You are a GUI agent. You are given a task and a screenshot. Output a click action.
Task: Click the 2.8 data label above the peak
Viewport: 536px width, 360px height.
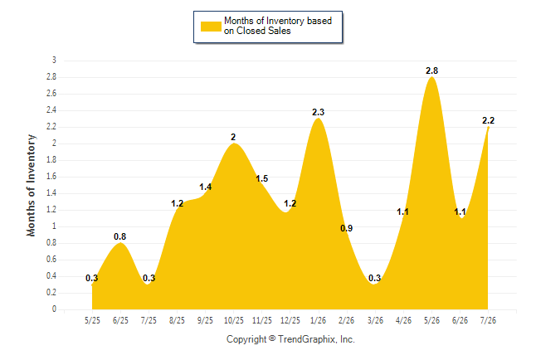click(x=431, y=71)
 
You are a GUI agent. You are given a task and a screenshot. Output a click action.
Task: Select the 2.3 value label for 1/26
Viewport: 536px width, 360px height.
click(x=319, y=112)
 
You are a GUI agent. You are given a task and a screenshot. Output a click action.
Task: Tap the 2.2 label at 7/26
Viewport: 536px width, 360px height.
click(x=488, y=120)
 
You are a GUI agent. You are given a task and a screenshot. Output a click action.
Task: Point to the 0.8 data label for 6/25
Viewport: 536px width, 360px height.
click(x=120, y=236)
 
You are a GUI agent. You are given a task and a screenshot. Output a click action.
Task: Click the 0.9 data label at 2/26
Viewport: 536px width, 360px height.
click(x=346, y=228)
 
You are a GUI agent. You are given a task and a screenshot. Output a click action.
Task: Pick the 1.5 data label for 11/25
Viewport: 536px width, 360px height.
click(x=262, y=178)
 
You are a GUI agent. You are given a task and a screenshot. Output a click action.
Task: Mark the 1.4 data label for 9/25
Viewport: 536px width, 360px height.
click(x=206, y=187)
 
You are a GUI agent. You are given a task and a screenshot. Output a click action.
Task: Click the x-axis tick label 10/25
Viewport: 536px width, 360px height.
click(x=234, y=320)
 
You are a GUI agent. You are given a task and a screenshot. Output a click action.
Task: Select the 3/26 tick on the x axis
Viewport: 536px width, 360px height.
click(x=375, y=320)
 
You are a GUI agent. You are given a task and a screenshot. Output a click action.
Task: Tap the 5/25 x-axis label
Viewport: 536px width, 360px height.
click(x=92, y=320)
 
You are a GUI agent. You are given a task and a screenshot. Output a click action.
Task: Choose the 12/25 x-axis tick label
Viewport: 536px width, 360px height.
click(x=290, y=320)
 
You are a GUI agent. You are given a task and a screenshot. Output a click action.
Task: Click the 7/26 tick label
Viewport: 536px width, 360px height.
click(x=488, y=320)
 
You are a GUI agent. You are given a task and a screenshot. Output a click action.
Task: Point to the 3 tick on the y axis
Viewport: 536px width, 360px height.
click(x=54, y=61)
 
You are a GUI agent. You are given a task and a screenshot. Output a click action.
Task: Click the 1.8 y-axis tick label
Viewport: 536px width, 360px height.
click(x=51, y=160)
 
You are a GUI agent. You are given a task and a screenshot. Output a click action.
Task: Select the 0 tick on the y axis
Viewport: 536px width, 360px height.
click(x=54, y=309)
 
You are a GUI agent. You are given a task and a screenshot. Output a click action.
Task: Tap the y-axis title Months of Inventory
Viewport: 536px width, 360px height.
click(x=31, y=185)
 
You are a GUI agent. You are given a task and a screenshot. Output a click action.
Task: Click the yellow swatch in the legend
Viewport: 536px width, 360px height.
click(x=211, y=27)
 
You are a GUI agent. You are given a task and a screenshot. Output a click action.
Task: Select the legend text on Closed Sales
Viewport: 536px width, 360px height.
click(x=257, y=31)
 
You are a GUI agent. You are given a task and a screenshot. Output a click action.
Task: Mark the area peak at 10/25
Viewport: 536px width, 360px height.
click(x=234, y=144)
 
